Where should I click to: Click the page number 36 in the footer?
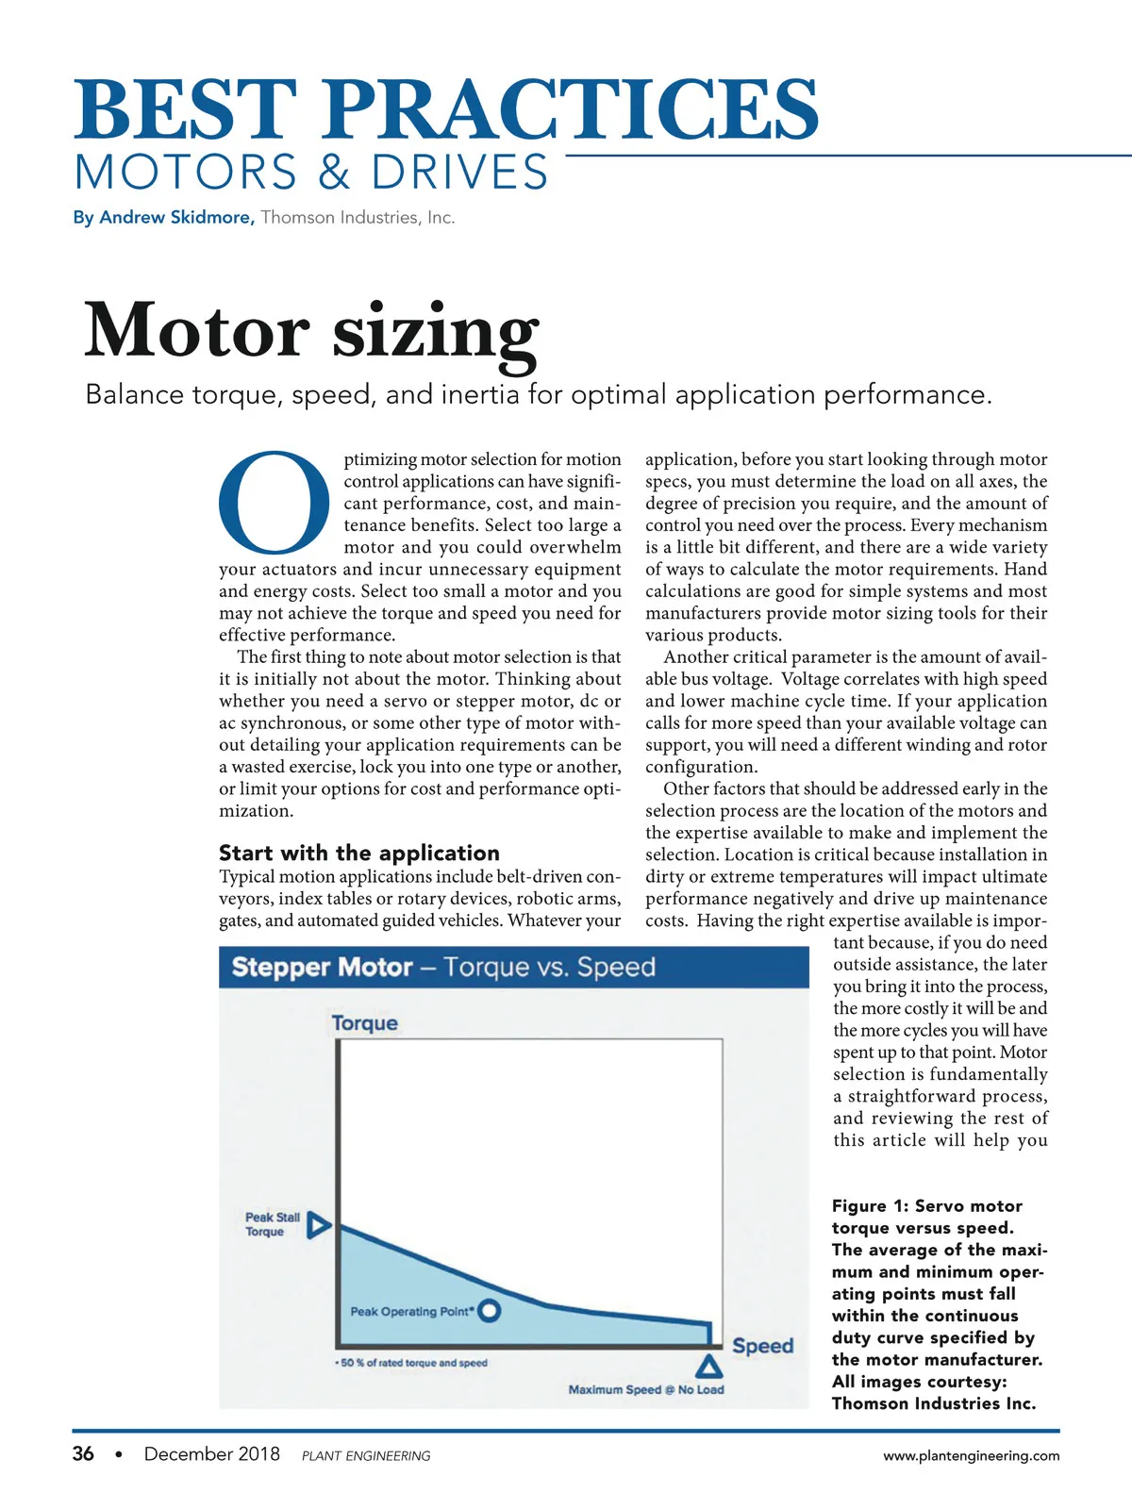coord(83,1453)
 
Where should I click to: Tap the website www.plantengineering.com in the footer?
coord(971,1455)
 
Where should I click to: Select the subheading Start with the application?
coord(358,853)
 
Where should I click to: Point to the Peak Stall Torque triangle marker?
coord(320,1225)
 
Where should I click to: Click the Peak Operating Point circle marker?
coord(489,1310)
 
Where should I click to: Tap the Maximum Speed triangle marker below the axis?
coord(709,1366)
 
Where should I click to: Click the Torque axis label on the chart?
coord(364,1023)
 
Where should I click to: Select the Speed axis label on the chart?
coord(762,1346)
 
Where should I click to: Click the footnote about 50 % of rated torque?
coord(411,1363)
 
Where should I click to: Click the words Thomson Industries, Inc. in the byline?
coord(358,217)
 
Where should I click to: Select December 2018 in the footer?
coord(211,1453)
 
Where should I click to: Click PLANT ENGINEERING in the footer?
coord(366,1456)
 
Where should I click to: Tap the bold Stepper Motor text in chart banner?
coord(322,967)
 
